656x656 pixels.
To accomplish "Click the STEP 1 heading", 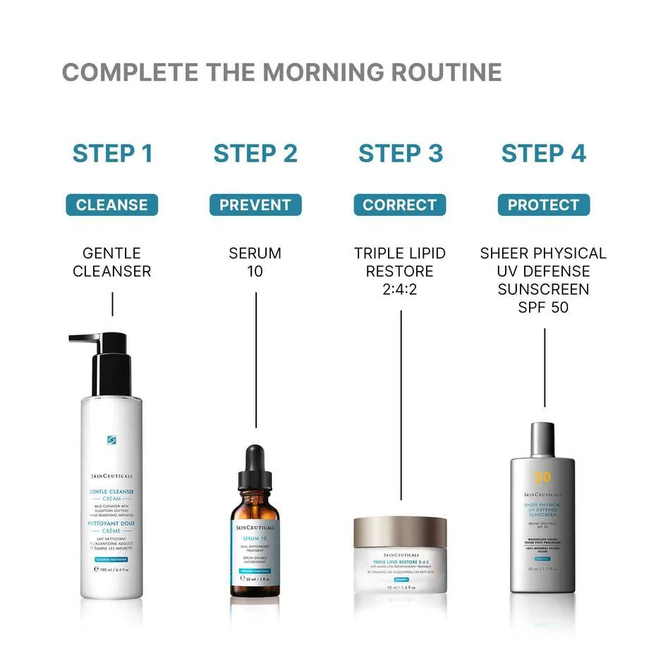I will coord(112,153).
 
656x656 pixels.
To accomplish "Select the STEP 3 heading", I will coord(400,153).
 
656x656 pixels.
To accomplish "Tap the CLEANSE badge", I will coord(112,205).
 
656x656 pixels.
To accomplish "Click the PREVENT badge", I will coord(255,205).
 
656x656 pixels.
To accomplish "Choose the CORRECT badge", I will coord(400,205).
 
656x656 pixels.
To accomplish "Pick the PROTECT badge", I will coord(543,205).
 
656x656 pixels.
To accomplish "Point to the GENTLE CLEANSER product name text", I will coord(112,262).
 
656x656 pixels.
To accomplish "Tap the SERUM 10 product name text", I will coord(255,262).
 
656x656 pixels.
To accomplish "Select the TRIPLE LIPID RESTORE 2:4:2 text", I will coord(400,271).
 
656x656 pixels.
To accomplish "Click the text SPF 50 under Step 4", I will coord(543,308).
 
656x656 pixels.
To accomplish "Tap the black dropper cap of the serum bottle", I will coord(255,469).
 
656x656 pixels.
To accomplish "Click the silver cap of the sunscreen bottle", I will coord(542,439).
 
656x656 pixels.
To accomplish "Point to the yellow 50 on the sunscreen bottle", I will coord(542,478).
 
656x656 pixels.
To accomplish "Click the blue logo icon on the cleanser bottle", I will coord(111,440).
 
